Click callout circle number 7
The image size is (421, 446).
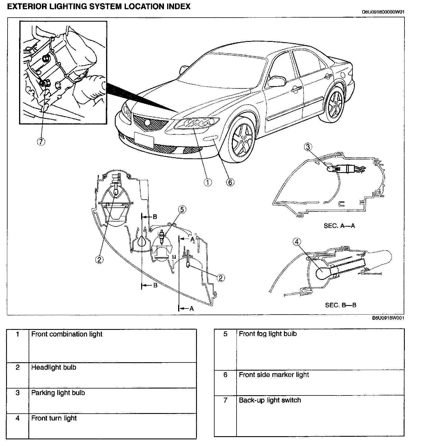pyautogui.click(x=42, y=142)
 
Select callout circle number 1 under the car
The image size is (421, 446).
pyautogui.click(x=208, y=182)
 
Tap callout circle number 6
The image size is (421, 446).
pyautogui.click(x=230, y=182)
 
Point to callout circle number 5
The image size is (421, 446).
pyautogui.click(x=182, y=210)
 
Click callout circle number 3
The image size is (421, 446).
pyautogui.click(x=308, y=147)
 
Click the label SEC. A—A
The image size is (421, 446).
pyautogui.click(x=339, y=226)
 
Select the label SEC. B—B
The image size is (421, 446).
pyautogui.click(x=341, y=305)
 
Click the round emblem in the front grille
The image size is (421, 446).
pyautogui.click(x=147, y=122)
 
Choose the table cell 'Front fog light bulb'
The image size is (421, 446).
pyautogui.click(x=268, y=334)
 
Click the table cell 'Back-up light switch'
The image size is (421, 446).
pyautogui.click(x=270, y=400)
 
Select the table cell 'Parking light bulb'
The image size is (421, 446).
pyautogui.click(x=58, y=393)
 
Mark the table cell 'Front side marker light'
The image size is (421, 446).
pyautogui.click(x=274, y=375)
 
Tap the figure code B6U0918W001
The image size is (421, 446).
pyautogui.click(x=388, y=318)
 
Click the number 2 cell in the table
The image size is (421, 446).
pyautogui.click(x=18, y=367)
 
